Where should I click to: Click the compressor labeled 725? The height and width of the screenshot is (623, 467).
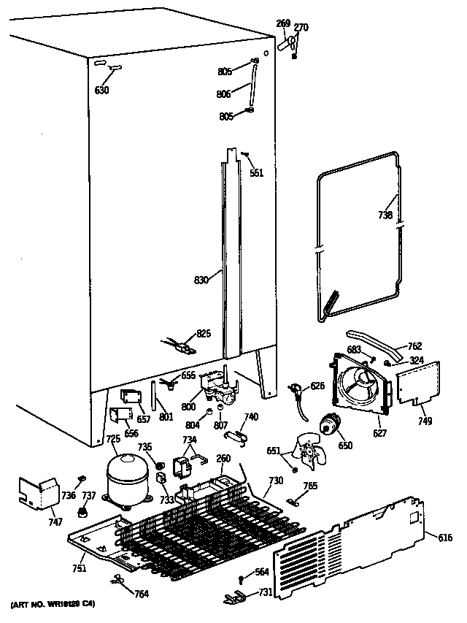128,478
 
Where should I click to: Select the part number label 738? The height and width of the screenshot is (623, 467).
385,215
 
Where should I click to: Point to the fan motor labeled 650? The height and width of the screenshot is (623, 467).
333,425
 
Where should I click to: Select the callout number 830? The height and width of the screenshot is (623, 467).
201,280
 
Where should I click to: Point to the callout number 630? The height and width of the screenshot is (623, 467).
102,91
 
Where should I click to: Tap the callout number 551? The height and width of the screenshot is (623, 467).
256,173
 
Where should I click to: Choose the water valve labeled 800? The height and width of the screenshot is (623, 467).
220,385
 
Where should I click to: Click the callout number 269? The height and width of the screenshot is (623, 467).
283,24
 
